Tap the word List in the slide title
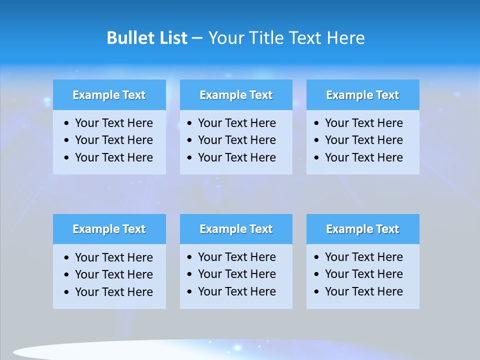(x=172, y=38)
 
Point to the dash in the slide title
(x=197, y=38)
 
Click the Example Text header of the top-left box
(x=109, y=95)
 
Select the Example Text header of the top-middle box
(x=236, y=95)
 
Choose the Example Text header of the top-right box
(x=362, y=95)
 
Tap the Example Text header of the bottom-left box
(x=109, y=229)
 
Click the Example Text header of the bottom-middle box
(x=236, y=229)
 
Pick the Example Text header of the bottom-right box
(x=362, y=229)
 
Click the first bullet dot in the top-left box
(x=67, y=123)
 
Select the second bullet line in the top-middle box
(x=236, y=140)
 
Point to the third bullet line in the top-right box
(x=363, y=157)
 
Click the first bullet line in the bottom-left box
(x=113, y=257)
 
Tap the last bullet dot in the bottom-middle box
(x=190, y=291)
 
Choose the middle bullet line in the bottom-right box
(x=363, y=274)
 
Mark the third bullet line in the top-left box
(x=113, y=157)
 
